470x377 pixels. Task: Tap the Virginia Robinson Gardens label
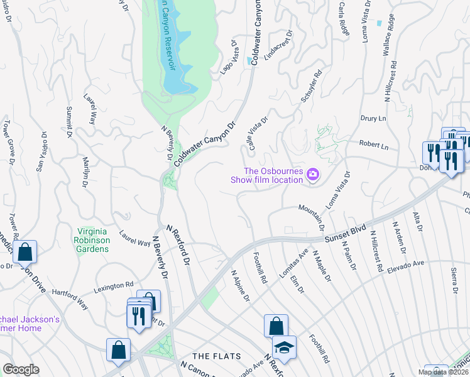92,239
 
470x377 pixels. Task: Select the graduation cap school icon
284,348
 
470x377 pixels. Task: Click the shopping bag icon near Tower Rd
25,252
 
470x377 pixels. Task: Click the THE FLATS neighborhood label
216,356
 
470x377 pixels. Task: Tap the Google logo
21,369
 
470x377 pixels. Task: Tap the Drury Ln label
373,117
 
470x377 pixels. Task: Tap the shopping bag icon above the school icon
276,325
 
